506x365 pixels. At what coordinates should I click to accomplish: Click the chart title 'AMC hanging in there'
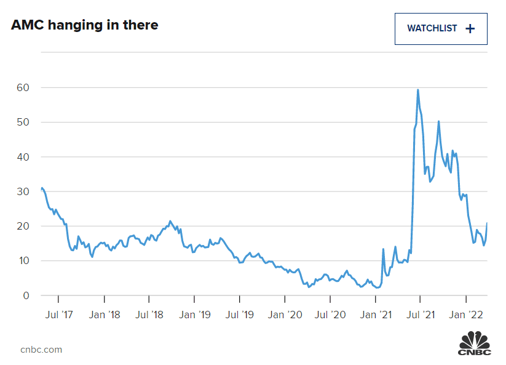(84, 25)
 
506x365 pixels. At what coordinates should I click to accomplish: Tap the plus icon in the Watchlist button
(470, 29)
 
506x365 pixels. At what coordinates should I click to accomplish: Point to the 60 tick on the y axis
(22, 87)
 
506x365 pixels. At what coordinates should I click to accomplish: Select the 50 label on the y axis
(22, 122)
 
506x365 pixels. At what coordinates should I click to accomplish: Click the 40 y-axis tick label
(22, 157)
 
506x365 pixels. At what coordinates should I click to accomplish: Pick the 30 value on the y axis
(22, 191)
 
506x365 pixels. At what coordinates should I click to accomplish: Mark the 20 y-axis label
(22, 227)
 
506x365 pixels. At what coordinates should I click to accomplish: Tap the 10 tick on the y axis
(22, 261)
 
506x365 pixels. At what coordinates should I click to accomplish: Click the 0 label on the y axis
(25, 295)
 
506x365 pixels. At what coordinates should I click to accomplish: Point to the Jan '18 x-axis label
(105, 315)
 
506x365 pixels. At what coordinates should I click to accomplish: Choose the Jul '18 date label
(149, 315)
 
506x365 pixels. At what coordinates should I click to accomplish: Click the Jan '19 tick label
(196, 315)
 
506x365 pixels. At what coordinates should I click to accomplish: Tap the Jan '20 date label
(285, 315)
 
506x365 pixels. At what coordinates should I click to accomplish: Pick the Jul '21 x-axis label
(420, 315)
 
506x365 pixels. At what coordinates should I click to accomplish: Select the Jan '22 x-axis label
(466, 315)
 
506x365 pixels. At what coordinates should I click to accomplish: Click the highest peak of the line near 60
(418, 90)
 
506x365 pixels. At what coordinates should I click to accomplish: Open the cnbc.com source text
(41, 350)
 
